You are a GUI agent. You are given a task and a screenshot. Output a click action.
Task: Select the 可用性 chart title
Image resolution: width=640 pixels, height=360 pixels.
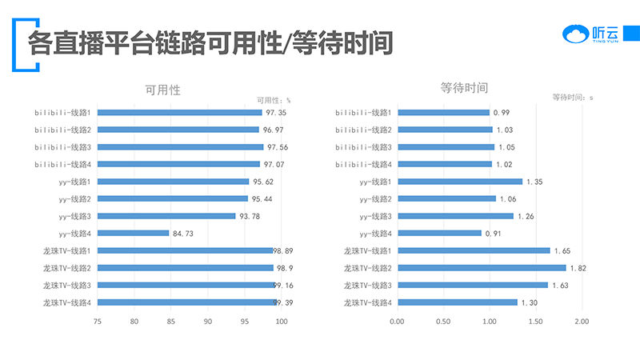162,90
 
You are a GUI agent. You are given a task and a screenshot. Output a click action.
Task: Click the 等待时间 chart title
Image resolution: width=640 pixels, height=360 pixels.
464,87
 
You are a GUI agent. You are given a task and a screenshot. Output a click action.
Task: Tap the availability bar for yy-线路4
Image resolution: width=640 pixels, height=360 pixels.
134,234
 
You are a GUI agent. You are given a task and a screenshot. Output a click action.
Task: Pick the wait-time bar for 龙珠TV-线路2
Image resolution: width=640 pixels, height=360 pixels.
482,268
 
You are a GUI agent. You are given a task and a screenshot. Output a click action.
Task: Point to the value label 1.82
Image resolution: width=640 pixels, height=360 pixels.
578,268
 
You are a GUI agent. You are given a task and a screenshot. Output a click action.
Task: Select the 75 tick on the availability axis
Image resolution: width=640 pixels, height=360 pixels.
98,322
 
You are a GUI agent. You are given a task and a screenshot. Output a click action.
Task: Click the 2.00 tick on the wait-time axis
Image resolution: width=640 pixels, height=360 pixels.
581,322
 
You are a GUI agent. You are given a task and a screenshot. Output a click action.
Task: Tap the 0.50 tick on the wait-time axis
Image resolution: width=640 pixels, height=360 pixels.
443,322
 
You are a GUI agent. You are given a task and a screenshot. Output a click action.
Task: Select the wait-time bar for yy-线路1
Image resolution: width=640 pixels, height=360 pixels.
460,182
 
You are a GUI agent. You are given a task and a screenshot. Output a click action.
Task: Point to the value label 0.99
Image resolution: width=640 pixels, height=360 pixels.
502,113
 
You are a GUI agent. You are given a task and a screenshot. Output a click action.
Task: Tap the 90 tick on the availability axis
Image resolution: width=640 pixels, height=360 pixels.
208,322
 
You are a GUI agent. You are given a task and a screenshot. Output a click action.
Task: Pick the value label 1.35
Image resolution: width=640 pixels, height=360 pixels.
534,182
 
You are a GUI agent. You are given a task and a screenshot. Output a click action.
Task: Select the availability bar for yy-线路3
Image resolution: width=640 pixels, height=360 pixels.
166,216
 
